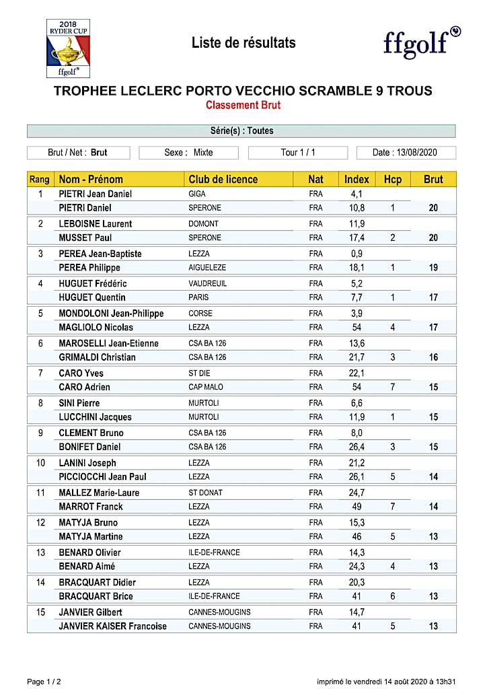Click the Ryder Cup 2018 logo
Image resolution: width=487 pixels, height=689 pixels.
67,48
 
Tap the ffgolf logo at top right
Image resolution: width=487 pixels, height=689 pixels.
422,43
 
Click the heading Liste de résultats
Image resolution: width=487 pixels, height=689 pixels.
243,43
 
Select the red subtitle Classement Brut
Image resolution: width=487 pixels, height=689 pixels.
243,105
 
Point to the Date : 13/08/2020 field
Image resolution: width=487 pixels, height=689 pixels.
406,153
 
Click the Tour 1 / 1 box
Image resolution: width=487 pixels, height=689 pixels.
297,153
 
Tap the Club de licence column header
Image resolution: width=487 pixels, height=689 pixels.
223,179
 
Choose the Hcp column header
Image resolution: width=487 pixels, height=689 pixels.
392,179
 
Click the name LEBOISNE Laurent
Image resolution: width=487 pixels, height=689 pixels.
96,223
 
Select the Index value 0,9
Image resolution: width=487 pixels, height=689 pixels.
357,254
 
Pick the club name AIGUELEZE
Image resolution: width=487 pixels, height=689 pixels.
207,267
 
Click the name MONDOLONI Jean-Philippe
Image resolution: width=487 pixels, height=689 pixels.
111,314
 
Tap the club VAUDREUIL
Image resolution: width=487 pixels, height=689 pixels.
208,283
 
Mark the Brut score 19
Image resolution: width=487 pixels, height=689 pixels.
433,267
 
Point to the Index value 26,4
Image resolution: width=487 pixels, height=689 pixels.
357,447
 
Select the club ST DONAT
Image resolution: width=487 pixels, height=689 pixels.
205,493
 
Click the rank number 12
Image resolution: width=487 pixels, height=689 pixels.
40,522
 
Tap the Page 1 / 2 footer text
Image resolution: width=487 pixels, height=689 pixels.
45,682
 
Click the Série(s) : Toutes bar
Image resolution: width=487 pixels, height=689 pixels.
241,131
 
